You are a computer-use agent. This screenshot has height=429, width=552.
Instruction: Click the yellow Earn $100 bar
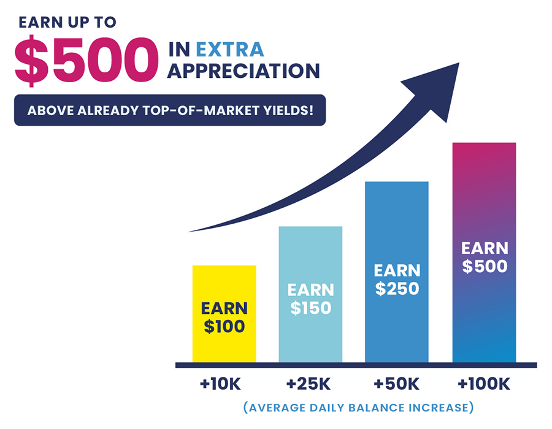point(224,314)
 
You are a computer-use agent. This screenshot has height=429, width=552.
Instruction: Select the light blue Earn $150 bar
point(310,294)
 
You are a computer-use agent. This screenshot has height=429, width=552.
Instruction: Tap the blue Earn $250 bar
point(397,272)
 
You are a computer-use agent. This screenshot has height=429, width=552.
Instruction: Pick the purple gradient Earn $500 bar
point(484,252)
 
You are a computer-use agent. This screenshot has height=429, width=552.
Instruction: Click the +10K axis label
point(220,384)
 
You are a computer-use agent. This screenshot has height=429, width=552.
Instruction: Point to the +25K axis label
point(309,384)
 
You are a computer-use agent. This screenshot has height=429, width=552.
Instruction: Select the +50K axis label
point(396,384)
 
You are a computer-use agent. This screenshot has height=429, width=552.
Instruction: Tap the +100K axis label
point(484,384)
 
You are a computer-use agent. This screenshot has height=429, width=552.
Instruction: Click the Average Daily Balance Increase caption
point(359,408)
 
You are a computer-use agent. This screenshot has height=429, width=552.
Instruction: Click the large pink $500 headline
point(86,61)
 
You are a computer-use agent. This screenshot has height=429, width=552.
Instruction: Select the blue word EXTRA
point(230,50)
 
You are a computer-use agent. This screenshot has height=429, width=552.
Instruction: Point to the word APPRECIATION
point(243,71)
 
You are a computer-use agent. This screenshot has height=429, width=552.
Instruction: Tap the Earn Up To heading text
point(67,23)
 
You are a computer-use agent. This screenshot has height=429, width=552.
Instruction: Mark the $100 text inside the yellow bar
point(224,326)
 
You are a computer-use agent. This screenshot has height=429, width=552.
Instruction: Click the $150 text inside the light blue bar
point(310,308)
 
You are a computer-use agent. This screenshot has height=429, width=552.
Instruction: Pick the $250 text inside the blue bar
point(397,289)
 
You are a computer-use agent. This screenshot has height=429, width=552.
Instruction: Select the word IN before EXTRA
point(179,50)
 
